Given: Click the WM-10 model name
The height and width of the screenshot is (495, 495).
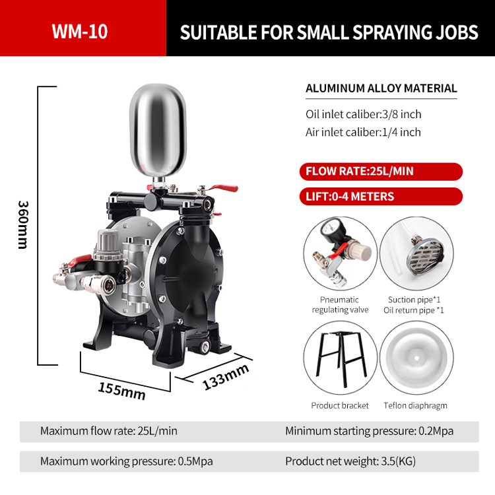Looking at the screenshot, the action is point(80,31).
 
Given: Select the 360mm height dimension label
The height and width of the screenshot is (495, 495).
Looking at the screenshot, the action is point(23,225).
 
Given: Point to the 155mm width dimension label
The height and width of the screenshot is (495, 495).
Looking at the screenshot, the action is point(121,391).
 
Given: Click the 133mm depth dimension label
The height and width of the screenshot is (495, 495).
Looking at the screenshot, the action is point(225,377).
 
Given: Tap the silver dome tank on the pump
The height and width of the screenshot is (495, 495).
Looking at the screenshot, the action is point(158,131).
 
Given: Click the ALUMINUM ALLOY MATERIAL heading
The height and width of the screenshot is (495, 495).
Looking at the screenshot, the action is point(381,88).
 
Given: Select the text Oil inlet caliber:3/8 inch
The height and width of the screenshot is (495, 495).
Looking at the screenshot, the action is point(364,114).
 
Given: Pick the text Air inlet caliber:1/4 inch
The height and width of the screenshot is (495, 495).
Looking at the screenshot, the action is point(363,132).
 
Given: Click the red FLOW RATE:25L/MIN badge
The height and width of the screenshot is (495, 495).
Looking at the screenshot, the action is point(381,172).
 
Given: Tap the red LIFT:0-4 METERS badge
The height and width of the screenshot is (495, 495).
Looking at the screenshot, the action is point(381,197).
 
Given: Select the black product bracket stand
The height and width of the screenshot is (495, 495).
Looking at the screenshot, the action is point(342,358).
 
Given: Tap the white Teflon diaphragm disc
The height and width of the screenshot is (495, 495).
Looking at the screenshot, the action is point(416,358).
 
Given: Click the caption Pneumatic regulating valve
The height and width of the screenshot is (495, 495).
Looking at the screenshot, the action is point(340,305).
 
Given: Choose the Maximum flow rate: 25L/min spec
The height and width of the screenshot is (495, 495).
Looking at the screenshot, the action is point(109,431).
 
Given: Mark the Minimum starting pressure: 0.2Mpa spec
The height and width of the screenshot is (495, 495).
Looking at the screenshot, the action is point(370,431).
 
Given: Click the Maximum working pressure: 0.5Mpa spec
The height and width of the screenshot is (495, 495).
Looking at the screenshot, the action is point(126,461).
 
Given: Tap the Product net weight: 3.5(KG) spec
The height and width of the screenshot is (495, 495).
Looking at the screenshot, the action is point(350,461).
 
